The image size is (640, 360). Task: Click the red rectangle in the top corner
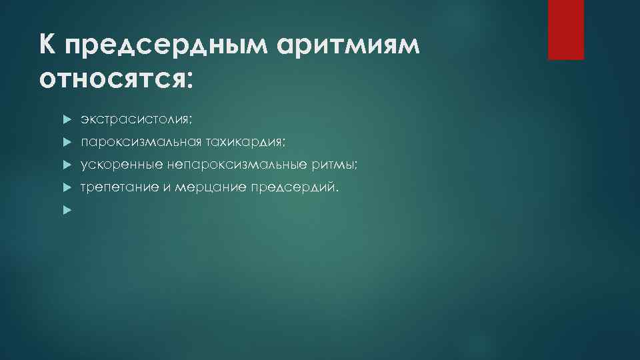coord(565,29)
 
